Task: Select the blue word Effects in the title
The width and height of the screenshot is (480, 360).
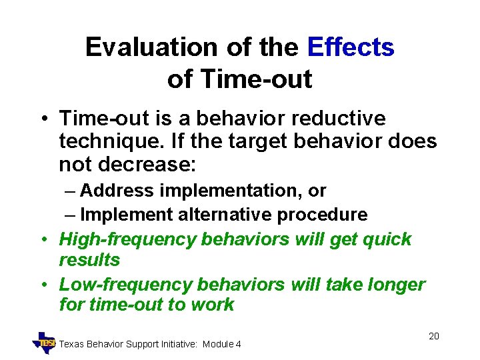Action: tap(351, 47)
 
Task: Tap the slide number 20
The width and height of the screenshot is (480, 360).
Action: tap(433, 336)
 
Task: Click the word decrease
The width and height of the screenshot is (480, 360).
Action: tap(137, 164)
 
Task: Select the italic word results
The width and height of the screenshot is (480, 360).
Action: tap(89, 259)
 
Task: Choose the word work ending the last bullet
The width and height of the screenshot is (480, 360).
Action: tap(211, 305)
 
